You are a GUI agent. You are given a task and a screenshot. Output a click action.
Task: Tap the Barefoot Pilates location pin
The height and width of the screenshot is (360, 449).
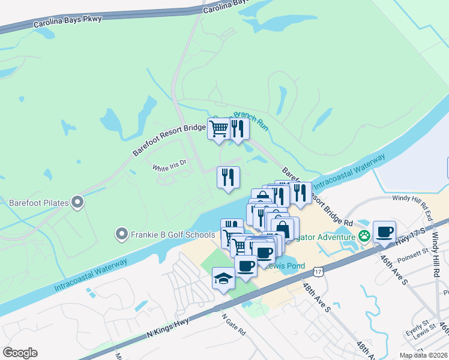(x=77, y=203)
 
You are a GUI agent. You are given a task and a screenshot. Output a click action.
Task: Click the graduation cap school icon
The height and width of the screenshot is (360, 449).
(x=223, y=278)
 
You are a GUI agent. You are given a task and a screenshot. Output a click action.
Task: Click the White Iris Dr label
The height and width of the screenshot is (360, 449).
(x=170, y=165)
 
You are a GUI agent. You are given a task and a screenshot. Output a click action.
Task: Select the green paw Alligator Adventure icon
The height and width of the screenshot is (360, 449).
(x=364, y=236)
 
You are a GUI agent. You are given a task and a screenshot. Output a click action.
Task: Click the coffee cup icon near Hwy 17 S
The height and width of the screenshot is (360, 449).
(x=384, y=231)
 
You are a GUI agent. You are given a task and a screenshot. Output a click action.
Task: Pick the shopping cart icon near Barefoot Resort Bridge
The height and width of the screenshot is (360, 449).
(x=219, y=128)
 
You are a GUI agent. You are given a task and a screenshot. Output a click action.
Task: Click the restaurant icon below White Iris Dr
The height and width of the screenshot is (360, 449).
(x=228, y=177)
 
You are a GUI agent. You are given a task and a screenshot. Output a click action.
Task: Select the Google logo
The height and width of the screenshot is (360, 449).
(x=20, y=353)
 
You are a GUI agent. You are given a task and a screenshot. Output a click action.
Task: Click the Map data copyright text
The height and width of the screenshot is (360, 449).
(x=423, y=355)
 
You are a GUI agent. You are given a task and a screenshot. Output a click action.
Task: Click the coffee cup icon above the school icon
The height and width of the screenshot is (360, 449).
(x=246, y=265)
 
